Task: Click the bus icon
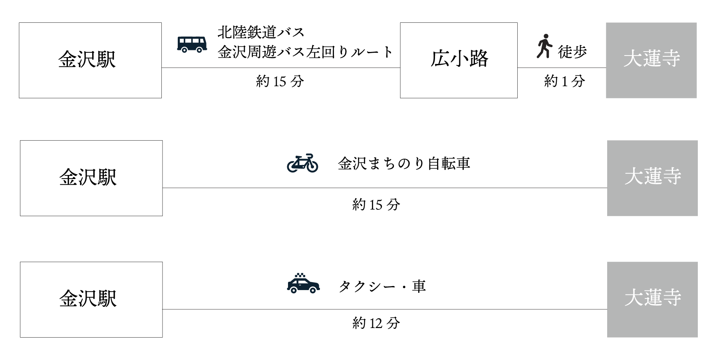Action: pos(192,44)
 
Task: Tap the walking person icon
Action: pos(544,46)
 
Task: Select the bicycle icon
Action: pos(302,163)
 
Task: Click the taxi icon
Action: pos(303,284)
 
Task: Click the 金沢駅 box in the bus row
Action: pos(90,60)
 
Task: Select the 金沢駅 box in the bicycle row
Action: pos(91,178)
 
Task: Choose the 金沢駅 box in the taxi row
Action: pos(91,299)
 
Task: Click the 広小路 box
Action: pos(459,60)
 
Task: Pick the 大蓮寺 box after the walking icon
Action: pos(651,60)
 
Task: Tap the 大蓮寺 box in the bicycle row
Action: pos(652,178)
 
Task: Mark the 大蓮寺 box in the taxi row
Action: pos(652,299)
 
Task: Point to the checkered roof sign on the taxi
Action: pos(300,276)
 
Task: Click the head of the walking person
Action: pos(546,36)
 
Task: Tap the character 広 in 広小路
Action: pos(440,59)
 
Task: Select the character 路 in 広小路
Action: pos(479,59)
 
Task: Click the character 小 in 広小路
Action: pos(459,59)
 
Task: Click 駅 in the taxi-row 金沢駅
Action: pos(107,299)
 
